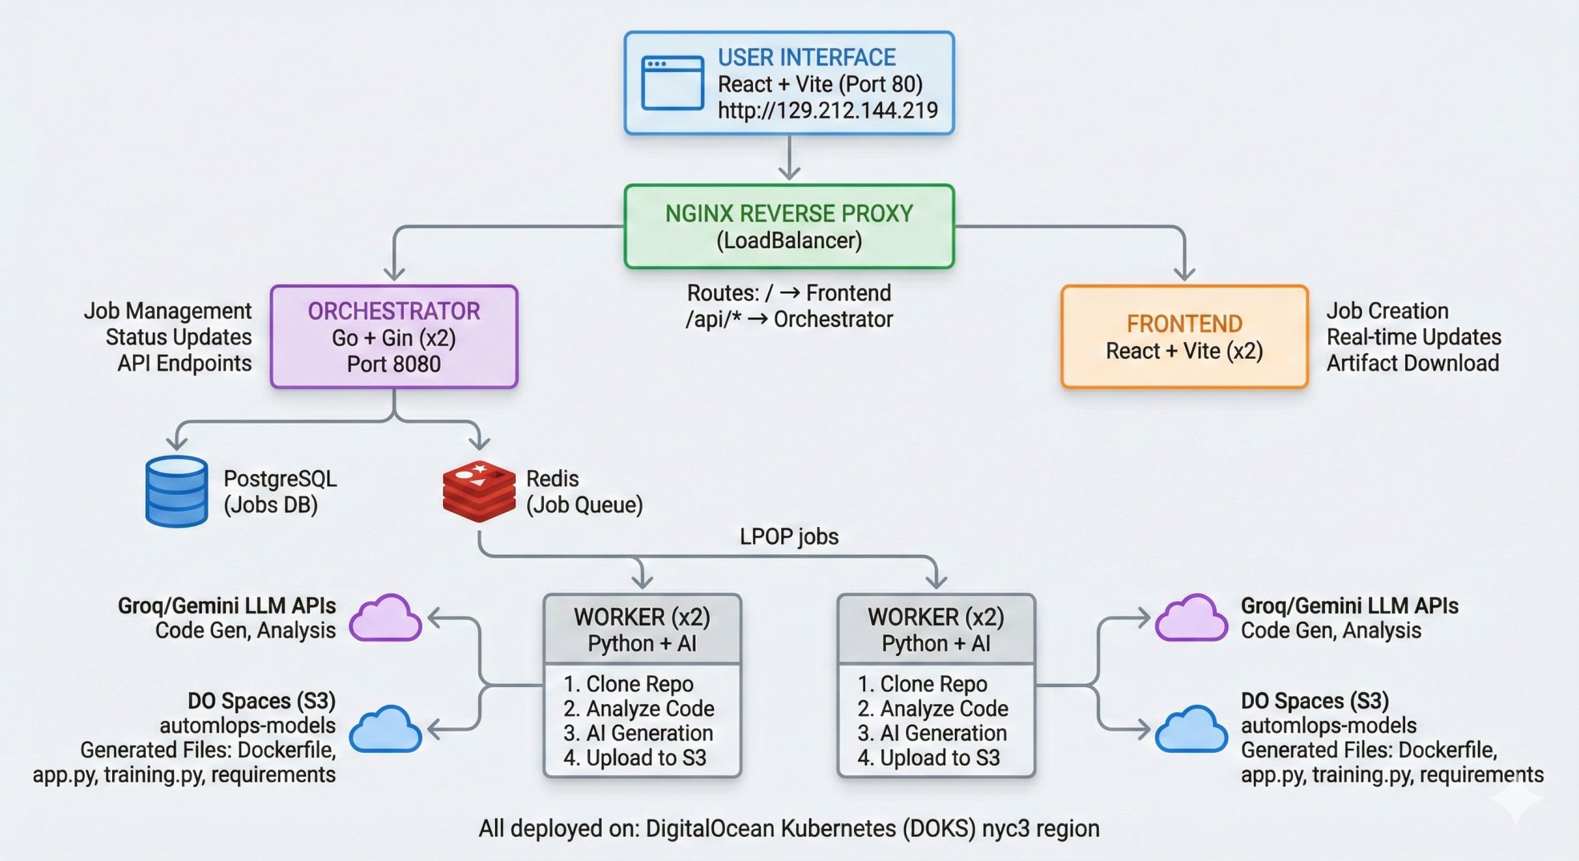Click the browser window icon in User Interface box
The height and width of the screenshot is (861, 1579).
click(x=672, y=82)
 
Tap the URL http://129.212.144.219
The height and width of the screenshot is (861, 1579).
click(x=828, y=111)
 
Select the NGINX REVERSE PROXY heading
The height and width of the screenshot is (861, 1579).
click(x=789, y=214)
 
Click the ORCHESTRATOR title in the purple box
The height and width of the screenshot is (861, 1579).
click(x=394, y=312)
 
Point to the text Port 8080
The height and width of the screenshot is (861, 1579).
click(x=394, y=364)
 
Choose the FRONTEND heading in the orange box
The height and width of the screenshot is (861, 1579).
click(x=1184, y=324)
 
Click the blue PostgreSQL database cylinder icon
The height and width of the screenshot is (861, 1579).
click(x=177, y=491)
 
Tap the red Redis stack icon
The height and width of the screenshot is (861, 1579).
click(x=479, y=491)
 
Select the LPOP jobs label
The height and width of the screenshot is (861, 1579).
click(x=789, y=537)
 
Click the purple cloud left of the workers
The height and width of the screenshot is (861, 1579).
click(x=386, y=618)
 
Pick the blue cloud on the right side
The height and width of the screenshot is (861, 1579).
click(x=1191, y=730)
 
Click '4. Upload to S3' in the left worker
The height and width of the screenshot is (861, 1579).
click(x=634, y=758)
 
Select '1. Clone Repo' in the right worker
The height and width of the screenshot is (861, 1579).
click(x=922, y=684)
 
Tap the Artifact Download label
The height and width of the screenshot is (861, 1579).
click(x=1412, y=364)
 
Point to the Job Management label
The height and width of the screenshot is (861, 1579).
click(x=167, y=311)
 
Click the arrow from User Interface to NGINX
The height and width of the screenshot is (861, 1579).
click(x=790, y=159)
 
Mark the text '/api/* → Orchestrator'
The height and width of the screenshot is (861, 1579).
click(x=789, y=320)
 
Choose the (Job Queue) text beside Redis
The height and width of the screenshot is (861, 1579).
click(x=585, y=505)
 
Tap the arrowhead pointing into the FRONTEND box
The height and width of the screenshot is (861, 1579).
click(x=1184, y=274)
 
